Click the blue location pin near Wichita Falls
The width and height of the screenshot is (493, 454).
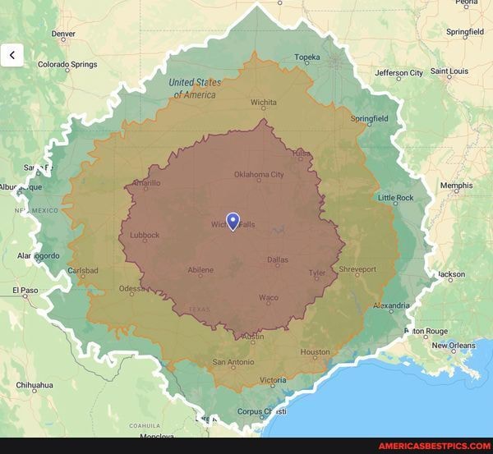pos(233,220)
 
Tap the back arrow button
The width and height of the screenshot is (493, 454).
pos(12,55)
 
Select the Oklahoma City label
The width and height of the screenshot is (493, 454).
pos(259,174)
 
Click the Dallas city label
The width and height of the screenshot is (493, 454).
pos(278,259)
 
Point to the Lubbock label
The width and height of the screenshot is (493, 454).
pos(145,236)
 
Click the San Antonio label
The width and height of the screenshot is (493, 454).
pos(233,362)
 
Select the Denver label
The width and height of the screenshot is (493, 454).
pos(63,34)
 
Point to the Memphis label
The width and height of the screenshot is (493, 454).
pos(456,186)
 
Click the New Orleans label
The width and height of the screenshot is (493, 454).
pos(454,346)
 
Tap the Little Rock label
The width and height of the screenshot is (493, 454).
pos(395,198)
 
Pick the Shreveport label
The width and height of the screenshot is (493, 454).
pos(357,268)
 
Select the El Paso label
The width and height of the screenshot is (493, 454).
pos(25,290)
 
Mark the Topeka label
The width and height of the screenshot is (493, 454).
pos(307,57)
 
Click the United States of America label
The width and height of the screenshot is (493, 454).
pos(195,89)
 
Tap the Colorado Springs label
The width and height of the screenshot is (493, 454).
pos(67,64)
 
